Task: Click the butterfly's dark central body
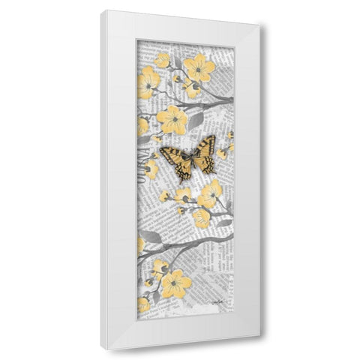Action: click(187, 158)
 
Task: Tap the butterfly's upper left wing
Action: click(174, 155)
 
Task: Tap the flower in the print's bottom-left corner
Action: click(142, 304)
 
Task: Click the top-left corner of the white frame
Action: click(103, 11)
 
